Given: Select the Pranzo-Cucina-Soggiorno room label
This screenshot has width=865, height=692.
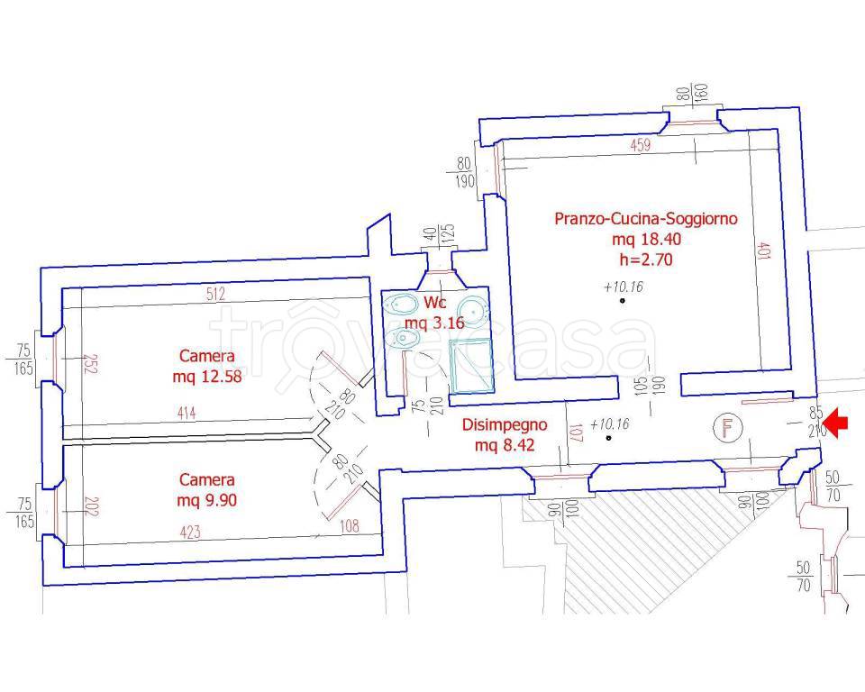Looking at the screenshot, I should click(x=646, y=219).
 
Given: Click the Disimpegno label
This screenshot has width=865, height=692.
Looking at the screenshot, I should click(x=497, y=425).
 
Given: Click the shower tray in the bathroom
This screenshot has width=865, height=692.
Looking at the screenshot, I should click(x=471, y=368).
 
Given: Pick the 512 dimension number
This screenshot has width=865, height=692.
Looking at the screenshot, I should click(x=214, y=293).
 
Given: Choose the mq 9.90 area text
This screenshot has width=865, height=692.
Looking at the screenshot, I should click(x=207, y=501).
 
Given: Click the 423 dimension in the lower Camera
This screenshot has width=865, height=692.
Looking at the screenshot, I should click(x=191, y=533).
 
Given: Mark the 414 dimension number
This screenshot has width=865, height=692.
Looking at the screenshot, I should click(x=187, y=414).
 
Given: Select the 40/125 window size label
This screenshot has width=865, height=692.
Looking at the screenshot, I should click(x=440, y=236).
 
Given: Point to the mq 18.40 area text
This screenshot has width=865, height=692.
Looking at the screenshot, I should click(x=646, y=240).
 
